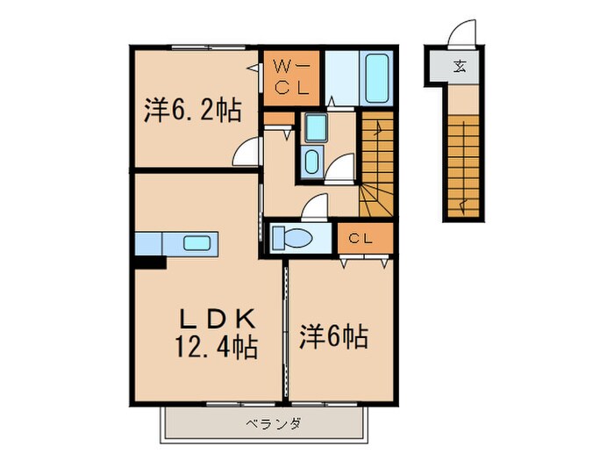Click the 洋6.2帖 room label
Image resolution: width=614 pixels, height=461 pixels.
tap(193, 112)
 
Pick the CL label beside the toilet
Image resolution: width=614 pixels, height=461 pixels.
tap(360, 238)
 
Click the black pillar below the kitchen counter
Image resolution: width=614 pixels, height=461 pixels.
tap(149, 261)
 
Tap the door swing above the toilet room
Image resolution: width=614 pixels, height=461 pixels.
tap(311, 206)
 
